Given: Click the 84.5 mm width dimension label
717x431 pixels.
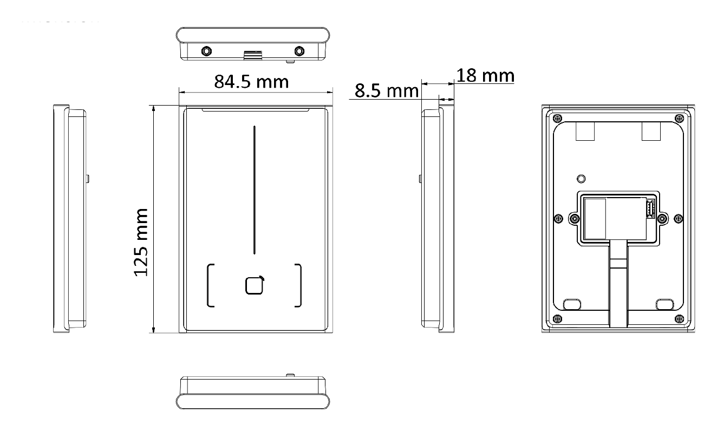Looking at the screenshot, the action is [x=251, y=82].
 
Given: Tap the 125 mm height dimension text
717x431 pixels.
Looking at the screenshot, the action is [x=141, y=242].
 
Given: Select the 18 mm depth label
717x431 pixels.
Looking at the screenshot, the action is [x=485, y=75].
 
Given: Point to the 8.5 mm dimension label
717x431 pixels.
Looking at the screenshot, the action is [x=386, y=90].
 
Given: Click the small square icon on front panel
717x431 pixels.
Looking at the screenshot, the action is [x=255, y=285].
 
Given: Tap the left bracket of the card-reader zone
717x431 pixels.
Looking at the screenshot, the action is [x=210, y=285].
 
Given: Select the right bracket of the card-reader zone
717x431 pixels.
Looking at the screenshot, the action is [x=298, y=285].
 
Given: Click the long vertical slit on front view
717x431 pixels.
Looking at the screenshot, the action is [x=255, y=190].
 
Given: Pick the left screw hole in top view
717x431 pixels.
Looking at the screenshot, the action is [x=206, y=51].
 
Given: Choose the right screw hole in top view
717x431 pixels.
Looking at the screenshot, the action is [x=299, y=51].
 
